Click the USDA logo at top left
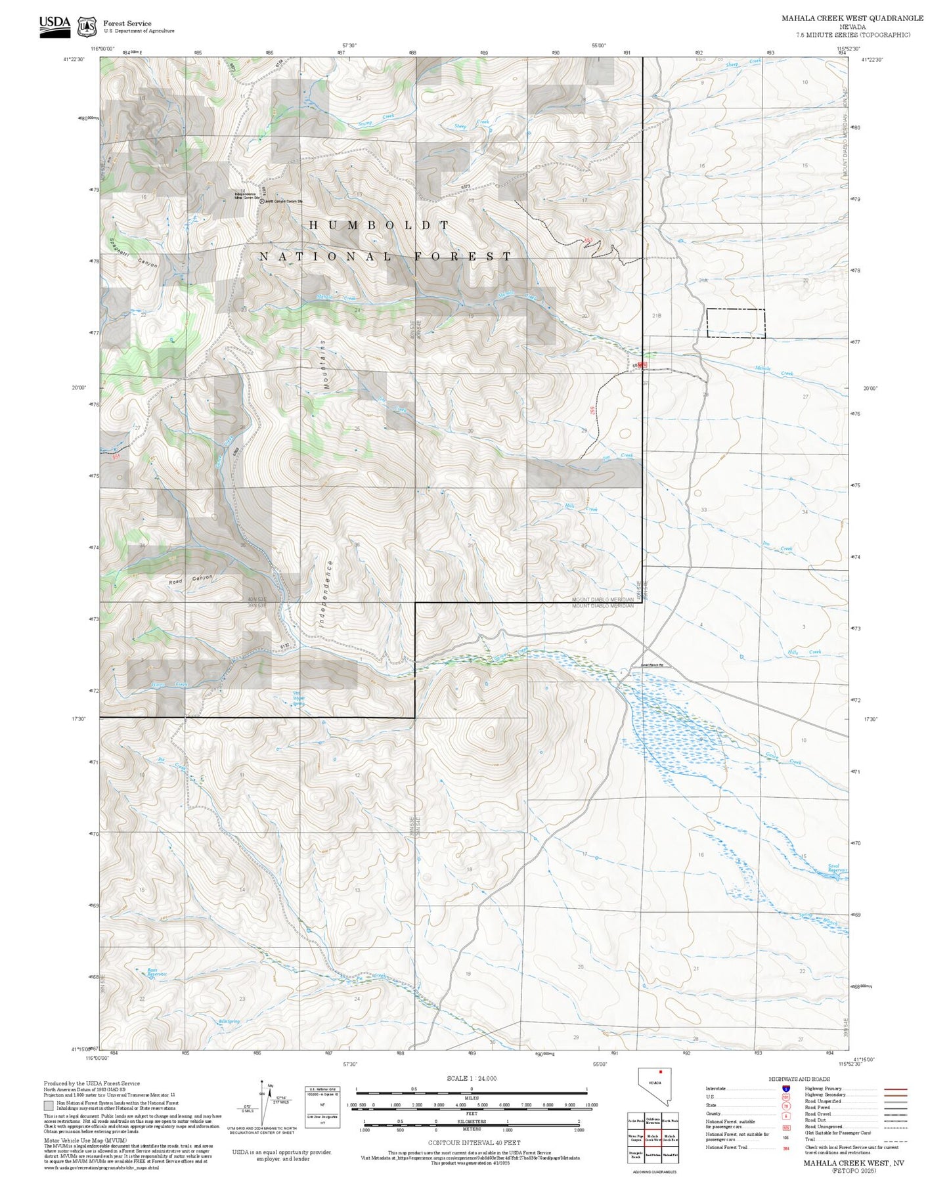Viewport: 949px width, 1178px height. point(55,26)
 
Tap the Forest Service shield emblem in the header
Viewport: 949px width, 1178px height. point(86,26)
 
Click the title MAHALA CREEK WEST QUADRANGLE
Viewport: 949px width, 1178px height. point(852,18)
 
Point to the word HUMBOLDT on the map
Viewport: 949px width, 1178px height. point(379,225)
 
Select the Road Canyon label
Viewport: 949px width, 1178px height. point(190,580)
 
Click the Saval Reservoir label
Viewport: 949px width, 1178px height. point(837,868)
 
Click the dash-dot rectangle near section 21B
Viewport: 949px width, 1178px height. point(736,323)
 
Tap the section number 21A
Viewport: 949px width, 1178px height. point(703,280)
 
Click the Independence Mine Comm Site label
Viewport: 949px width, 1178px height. point(248,195)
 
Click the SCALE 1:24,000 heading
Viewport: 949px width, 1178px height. point(471,1078)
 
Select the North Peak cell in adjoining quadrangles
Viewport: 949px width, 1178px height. point(670,1121)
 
